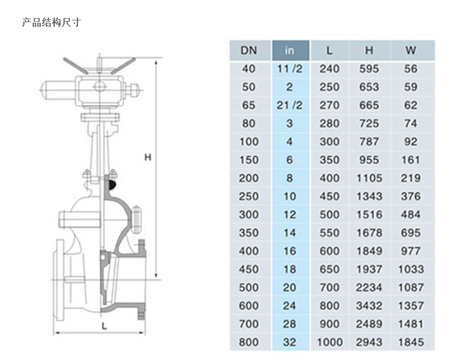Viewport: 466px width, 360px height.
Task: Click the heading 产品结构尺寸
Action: tap(51, 22)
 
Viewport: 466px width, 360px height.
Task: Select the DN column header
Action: tap(249, 51)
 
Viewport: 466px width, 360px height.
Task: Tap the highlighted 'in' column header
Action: tap(290, 51)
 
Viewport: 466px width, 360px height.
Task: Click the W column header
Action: tap(411, 50)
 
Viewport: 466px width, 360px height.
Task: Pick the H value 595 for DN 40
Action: tap(369, 69)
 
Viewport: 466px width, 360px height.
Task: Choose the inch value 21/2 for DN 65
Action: tap(290, 105)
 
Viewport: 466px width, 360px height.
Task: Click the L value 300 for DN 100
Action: tap(330, 142)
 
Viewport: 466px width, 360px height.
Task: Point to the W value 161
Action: tap(411, 160)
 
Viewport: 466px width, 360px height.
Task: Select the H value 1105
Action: tap(369, 178)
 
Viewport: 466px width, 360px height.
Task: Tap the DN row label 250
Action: tap(249, 196)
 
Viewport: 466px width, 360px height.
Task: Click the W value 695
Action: tap(411, 233)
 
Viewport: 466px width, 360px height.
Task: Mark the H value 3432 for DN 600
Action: tap(369, 306)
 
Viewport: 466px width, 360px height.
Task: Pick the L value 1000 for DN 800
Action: tap(330, 342)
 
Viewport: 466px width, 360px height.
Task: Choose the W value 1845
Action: tap(411, 342)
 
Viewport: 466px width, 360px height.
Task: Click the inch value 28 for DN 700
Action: tap(290, 324)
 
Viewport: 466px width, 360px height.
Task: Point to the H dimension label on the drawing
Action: tap(148, 157)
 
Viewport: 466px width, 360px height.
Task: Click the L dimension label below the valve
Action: tap(104, 326)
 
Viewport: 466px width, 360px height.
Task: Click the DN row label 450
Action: tap(249, 269)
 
